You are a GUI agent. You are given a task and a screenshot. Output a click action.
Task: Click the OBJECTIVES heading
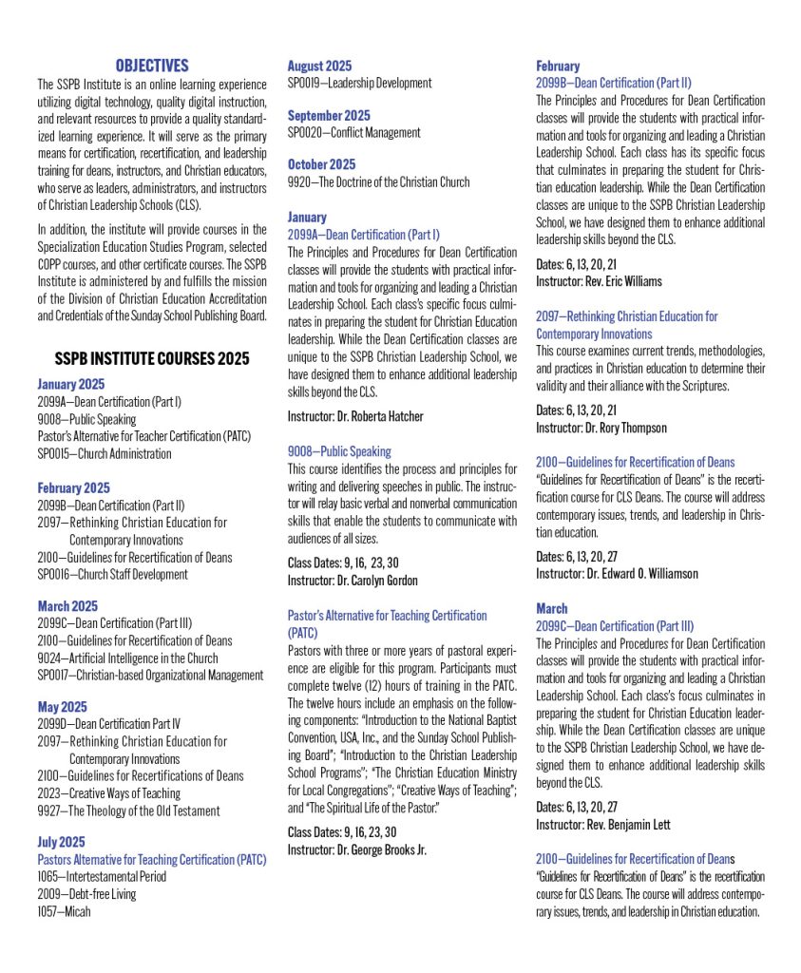(152, 66)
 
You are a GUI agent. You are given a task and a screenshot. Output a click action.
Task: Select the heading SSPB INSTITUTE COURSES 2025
(152, 358)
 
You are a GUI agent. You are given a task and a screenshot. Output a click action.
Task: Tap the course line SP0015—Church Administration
(105, 453)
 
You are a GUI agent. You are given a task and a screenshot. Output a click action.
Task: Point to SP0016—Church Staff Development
(113, 574)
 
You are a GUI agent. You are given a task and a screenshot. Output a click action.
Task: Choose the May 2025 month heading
(63, 707)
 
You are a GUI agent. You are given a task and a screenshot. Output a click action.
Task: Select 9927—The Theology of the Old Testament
(128, 811)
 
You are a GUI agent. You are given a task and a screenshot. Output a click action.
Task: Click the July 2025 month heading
(62, 842)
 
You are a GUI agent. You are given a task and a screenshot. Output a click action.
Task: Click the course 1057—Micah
(67, 911)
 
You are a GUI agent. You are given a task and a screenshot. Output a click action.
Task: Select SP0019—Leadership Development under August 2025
(359, 83)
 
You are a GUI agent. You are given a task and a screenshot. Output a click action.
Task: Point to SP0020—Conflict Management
(353, 132)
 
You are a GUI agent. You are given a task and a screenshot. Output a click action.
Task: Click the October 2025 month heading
(322, 164)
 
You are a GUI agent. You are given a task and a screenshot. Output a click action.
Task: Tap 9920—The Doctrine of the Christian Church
(378, 181)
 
